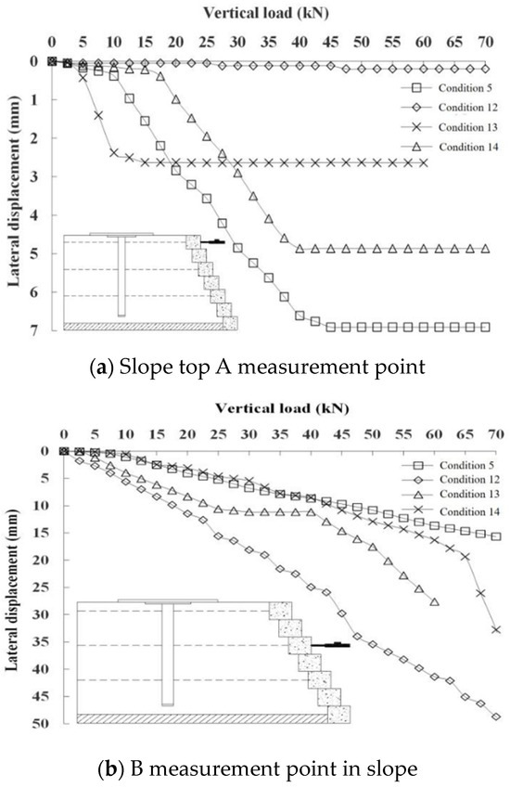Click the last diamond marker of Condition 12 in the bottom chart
pyautogui.click(x=496, y=716)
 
